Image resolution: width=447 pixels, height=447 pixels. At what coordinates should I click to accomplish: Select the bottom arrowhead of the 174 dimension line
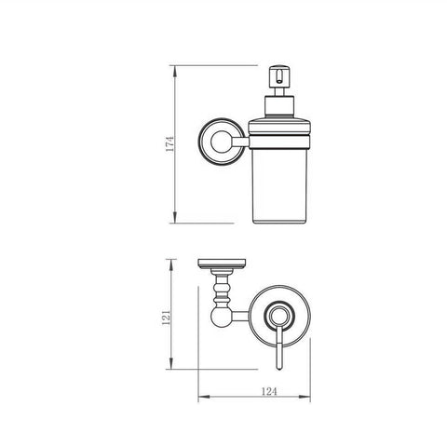pos(176,221)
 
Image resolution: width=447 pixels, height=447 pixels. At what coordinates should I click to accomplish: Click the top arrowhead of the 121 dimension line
pos(173,262)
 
